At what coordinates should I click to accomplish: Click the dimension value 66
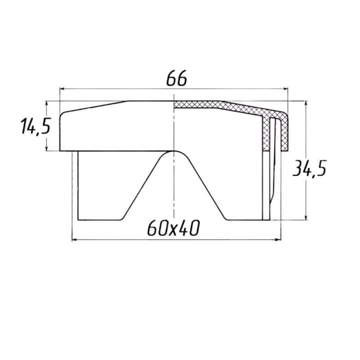tap(176, 79)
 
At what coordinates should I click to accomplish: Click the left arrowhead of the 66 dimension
tap(62, 89)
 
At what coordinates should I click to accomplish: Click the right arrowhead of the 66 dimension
tap(286, 89)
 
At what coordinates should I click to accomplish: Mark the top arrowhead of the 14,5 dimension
tap(47, 103)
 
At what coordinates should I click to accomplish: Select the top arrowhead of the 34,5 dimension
tap(306, 103)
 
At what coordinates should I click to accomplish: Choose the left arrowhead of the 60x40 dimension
tap(75, 239)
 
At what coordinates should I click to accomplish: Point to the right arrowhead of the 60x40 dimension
tap(279, 239)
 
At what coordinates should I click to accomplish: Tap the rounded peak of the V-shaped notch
tap(174, 153)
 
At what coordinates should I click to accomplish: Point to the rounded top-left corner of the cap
tap(63, 113)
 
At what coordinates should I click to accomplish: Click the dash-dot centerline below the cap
tap(174, 189)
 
